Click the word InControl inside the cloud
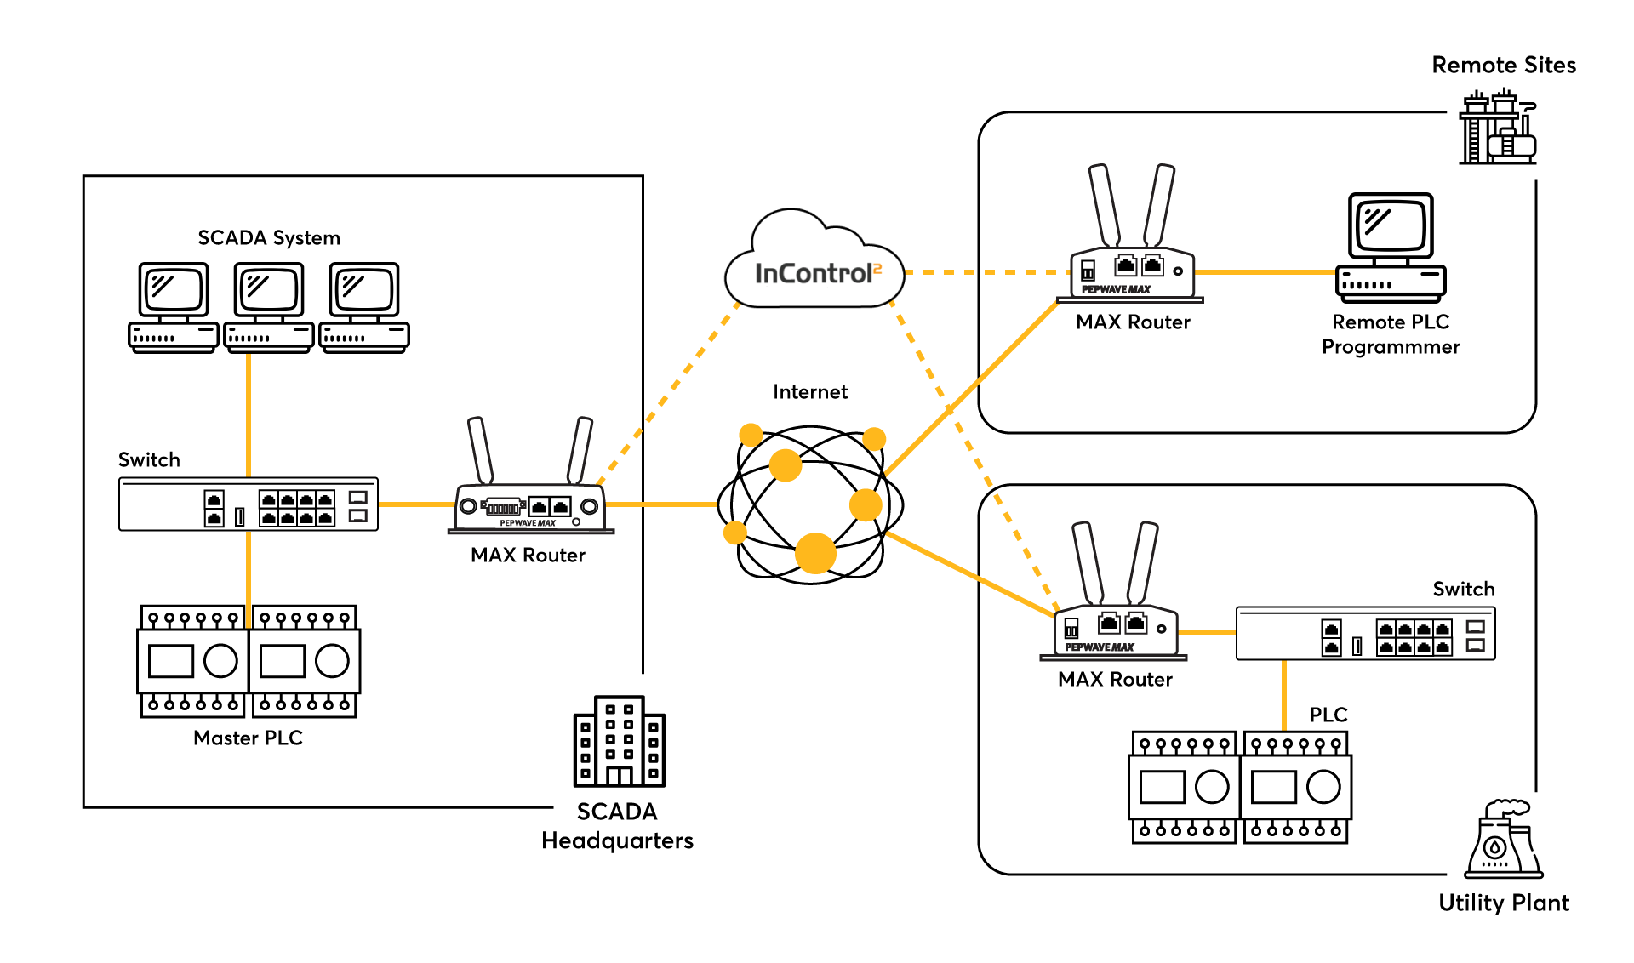click(813, 274)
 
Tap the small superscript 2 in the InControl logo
click(877, 269)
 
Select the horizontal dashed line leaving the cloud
click(987, 272)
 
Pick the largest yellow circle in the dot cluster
click(815, 553)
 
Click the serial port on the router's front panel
click(502, 508)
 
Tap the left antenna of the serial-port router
click(481, 450)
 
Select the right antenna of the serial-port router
click(580, 450)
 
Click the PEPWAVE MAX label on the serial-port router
click(528, 523)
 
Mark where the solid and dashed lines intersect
click(950, 409)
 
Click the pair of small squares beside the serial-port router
click(358, 506)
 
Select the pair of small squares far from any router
click(1476, 635)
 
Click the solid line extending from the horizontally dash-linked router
click(1265, 272)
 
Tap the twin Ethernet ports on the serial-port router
click(549, 506)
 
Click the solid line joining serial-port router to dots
click(661, 504)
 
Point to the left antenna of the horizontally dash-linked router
click(1105, 206)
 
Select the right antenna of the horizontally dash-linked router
click(1159, 206)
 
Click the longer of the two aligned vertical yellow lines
click(249, 415)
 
